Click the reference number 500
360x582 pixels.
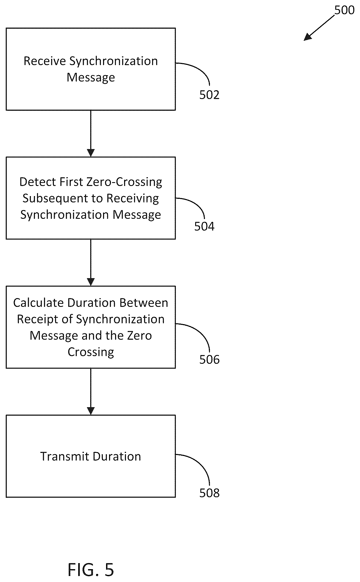tap(344, 10)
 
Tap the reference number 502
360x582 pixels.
tap(209, 95)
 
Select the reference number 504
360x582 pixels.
tap(204, 226)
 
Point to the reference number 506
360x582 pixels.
tap(209, 359)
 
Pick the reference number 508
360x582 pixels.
tap(209, 493)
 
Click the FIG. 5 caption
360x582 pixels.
tap(91, 570)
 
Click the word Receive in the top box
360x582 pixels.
tap(45, 61)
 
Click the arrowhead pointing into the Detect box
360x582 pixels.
tap(91, 153)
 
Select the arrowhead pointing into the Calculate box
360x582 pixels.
tap(91, 282)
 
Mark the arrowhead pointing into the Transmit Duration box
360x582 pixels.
tap(91, 411)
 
